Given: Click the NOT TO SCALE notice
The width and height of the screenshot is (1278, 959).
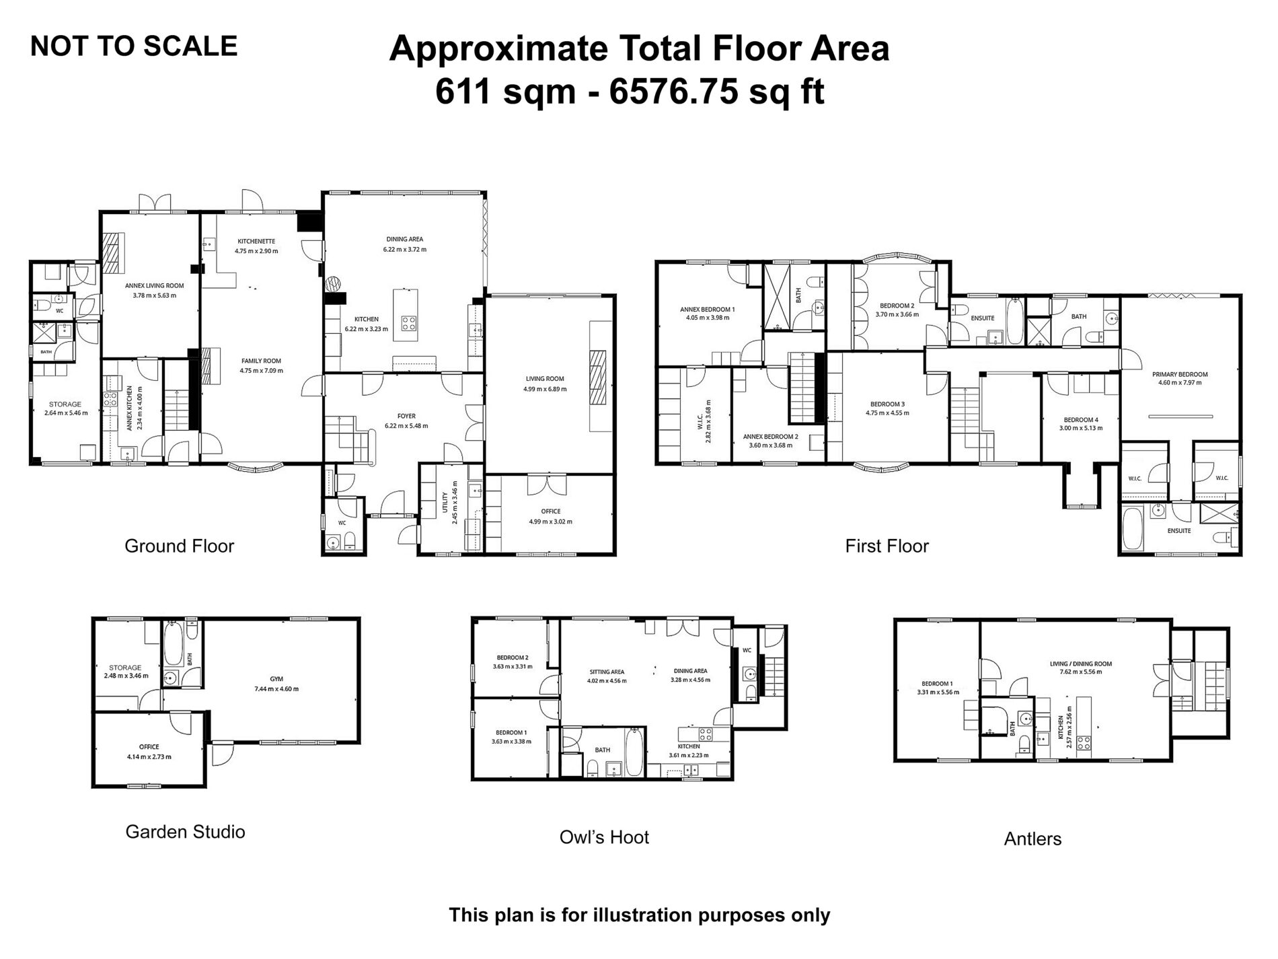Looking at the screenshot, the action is pyautogui.click(x=134, y=46).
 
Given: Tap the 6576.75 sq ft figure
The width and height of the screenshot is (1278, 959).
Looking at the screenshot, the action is pyautogui.click(x=717, y=91).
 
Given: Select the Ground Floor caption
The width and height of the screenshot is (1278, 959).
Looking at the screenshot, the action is pyautogui.click(x=179, y=546).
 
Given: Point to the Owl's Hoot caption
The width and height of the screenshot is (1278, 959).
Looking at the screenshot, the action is pyautogui.click(x=604, y=837).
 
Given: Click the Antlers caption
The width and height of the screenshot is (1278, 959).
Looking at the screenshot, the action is pyautogui.click(x=1032, y=839).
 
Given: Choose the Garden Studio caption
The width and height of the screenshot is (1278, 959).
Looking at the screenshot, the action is pyautogui.click(x=185, y=832).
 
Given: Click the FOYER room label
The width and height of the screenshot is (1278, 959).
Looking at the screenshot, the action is pyautogui.click(x=406, y=417).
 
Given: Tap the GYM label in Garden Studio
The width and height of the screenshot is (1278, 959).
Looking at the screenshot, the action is pyautogui.click(x=276, y=679).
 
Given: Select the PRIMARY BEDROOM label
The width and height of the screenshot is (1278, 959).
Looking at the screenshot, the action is pyautogui.click(x=1180, y=375).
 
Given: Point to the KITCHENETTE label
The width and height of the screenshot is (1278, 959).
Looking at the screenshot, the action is pyautogui.click(x=256, y=242).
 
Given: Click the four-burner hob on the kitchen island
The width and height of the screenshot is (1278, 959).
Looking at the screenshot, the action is pyautogui.click(x=408, y=323).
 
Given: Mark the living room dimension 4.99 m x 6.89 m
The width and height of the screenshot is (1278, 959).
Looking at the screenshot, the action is pyautogui.click(x=545, y=389).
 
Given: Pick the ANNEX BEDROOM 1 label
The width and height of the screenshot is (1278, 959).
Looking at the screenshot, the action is pyautogui.click(x=707, y=310).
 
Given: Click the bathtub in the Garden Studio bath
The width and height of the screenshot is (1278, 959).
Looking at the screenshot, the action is pyautogui.click(x=170, y=643).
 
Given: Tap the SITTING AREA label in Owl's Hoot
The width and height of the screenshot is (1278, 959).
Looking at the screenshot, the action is pyautogui.click(x=607, y=672).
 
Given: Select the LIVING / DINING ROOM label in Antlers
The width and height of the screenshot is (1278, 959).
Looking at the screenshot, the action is pyautogui.click(x=1081, y=664).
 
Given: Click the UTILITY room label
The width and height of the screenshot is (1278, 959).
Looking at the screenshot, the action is pyautogui.click(x=445, y=503).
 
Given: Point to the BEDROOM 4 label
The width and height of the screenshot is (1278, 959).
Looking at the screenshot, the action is pyautogui.click(x=1081, y=419).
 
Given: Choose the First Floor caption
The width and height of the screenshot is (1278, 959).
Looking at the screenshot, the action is pyautogui.click(x=887, y=546).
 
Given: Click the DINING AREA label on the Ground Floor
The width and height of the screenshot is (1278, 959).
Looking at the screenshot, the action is pyautogui.click(x=405, y=239).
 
